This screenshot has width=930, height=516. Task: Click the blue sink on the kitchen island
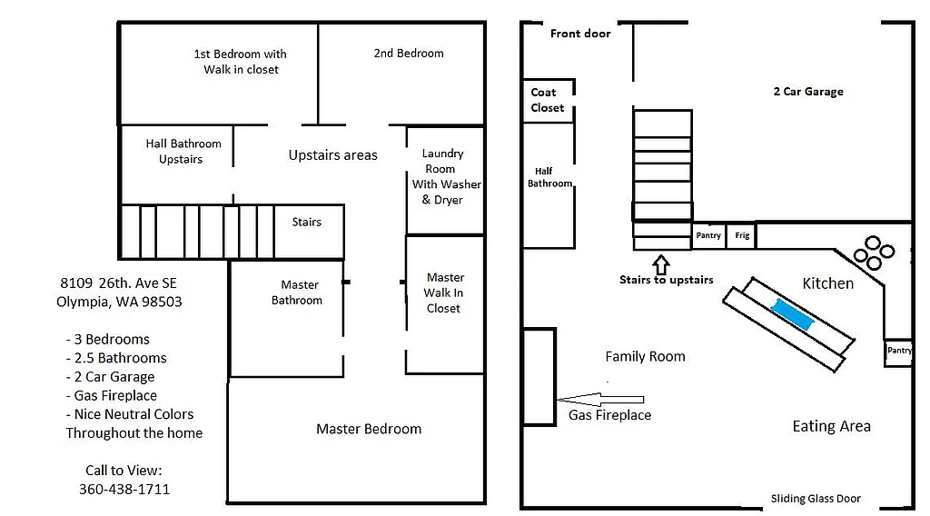(x=793, y=314)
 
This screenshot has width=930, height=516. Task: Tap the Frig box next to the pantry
(x=742, y=235)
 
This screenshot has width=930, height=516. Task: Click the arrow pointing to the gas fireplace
(x=600, y=398)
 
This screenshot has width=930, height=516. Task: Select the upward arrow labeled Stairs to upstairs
(x=661, y=264)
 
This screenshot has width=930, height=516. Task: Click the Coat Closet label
(x=548, y=100)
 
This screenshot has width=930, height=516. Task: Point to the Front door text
(x=580, y=34)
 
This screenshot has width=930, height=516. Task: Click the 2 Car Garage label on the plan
(x=807, y=92)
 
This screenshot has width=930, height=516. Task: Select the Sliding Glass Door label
(x=816, y=499)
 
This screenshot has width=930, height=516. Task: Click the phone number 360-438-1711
(x=124, y=489)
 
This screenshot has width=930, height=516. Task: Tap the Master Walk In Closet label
(x=444, y=293)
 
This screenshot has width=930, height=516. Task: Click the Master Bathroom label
(x=297, y=293)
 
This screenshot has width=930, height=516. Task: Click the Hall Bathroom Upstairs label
(x=183, y=151)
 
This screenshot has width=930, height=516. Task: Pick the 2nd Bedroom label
(x=409, y=54)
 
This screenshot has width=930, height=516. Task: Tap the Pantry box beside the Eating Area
(x=899, y=352)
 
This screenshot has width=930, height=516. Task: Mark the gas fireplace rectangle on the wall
(x=539, y=376)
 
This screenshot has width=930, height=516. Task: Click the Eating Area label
(x=831, y=426)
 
